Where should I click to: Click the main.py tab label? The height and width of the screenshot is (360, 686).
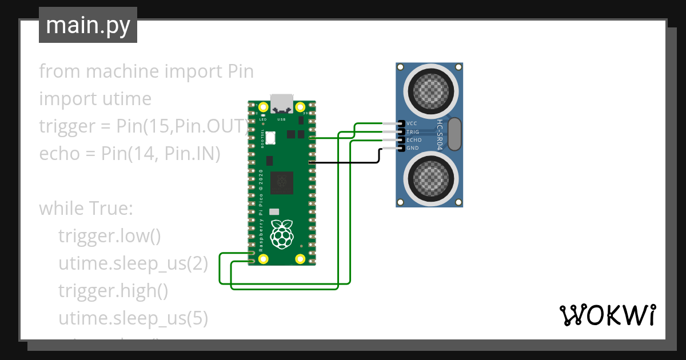87,25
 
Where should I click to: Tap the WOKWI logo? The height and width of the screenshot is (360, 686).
607,314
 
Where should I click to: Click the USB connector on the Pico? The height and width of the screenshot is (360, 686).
281,103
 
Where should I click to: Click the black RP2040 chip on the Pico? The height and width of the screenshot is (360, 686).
281,182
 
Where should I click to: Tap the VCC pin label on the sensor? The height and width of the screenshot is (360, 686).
412,123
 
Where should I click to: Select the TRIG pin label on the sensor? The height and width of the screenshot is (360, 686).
413,132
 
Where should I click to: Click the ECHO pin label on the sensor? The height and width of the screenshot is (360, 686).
414,140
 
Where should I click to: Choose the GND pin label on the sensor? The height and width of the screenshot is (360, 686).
413,148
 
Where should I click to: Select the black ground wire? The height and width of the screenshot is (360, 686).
343,162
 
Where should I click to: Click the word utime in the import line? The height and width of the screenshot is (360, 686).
125,99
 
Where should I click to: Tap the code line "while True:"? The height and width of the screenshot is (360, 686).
86,209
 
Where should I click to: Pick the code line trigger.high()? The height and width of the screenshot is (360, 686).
113,291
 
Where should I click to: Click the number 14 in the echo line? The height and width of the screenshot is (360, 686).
142,154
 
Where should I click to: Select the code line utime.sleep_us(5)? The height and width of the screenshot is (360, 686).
133,318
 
